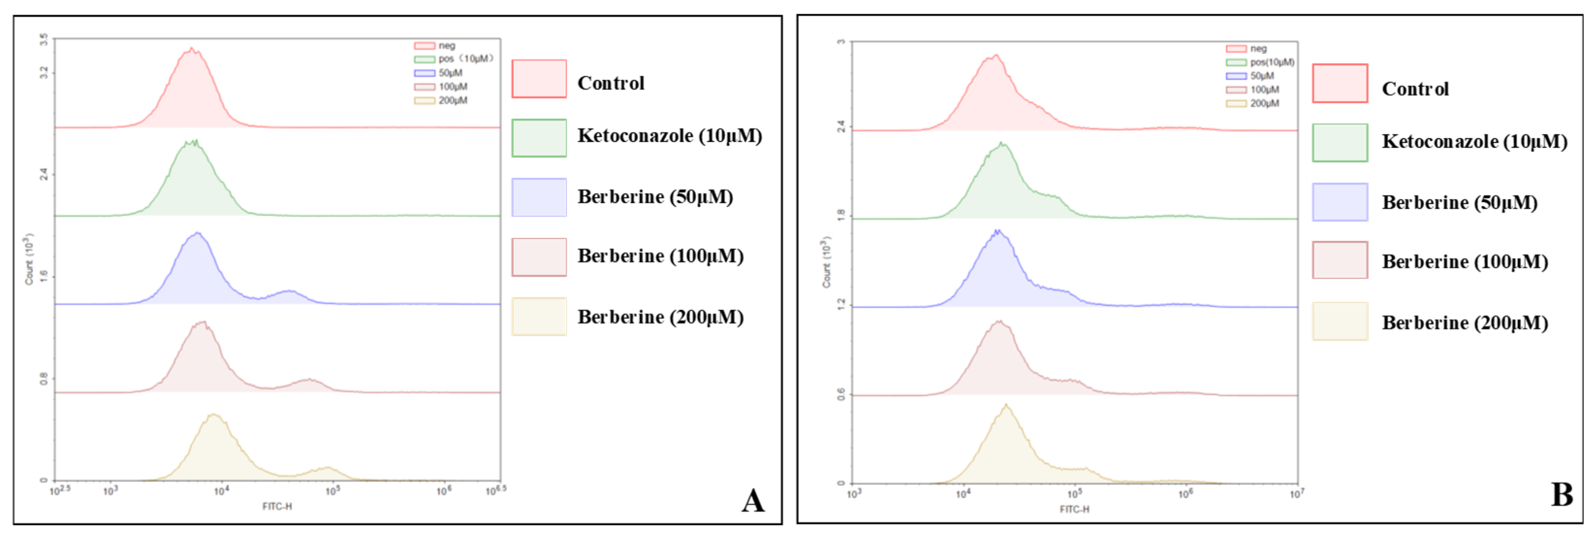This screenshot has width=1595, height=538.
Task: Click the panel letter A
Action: [753, 500]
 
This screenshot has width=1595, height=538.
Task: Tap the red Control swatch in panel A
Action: [538, 79]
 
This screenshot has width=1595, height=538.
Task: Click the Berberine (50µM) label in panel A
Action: [655, 197]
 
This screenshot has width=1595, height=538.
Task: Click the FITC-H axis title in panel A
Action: [277, 506]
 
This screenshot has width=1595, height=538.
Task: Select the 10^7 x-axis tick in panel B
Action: [1296, 494]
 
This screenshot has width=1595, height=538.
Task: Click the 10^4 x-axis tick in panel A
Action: [221, 491]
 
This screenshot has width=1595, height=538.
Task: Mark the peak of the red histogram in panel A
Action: [192, 48]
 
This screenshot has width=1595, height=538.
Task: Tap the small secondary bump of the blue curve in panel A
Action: [288, 290]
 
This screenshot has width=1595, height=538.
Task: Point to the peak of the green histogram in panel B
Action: [1001, 143]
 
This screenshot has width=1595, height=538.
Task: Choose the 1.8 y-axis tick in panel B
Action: [841, 216]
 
